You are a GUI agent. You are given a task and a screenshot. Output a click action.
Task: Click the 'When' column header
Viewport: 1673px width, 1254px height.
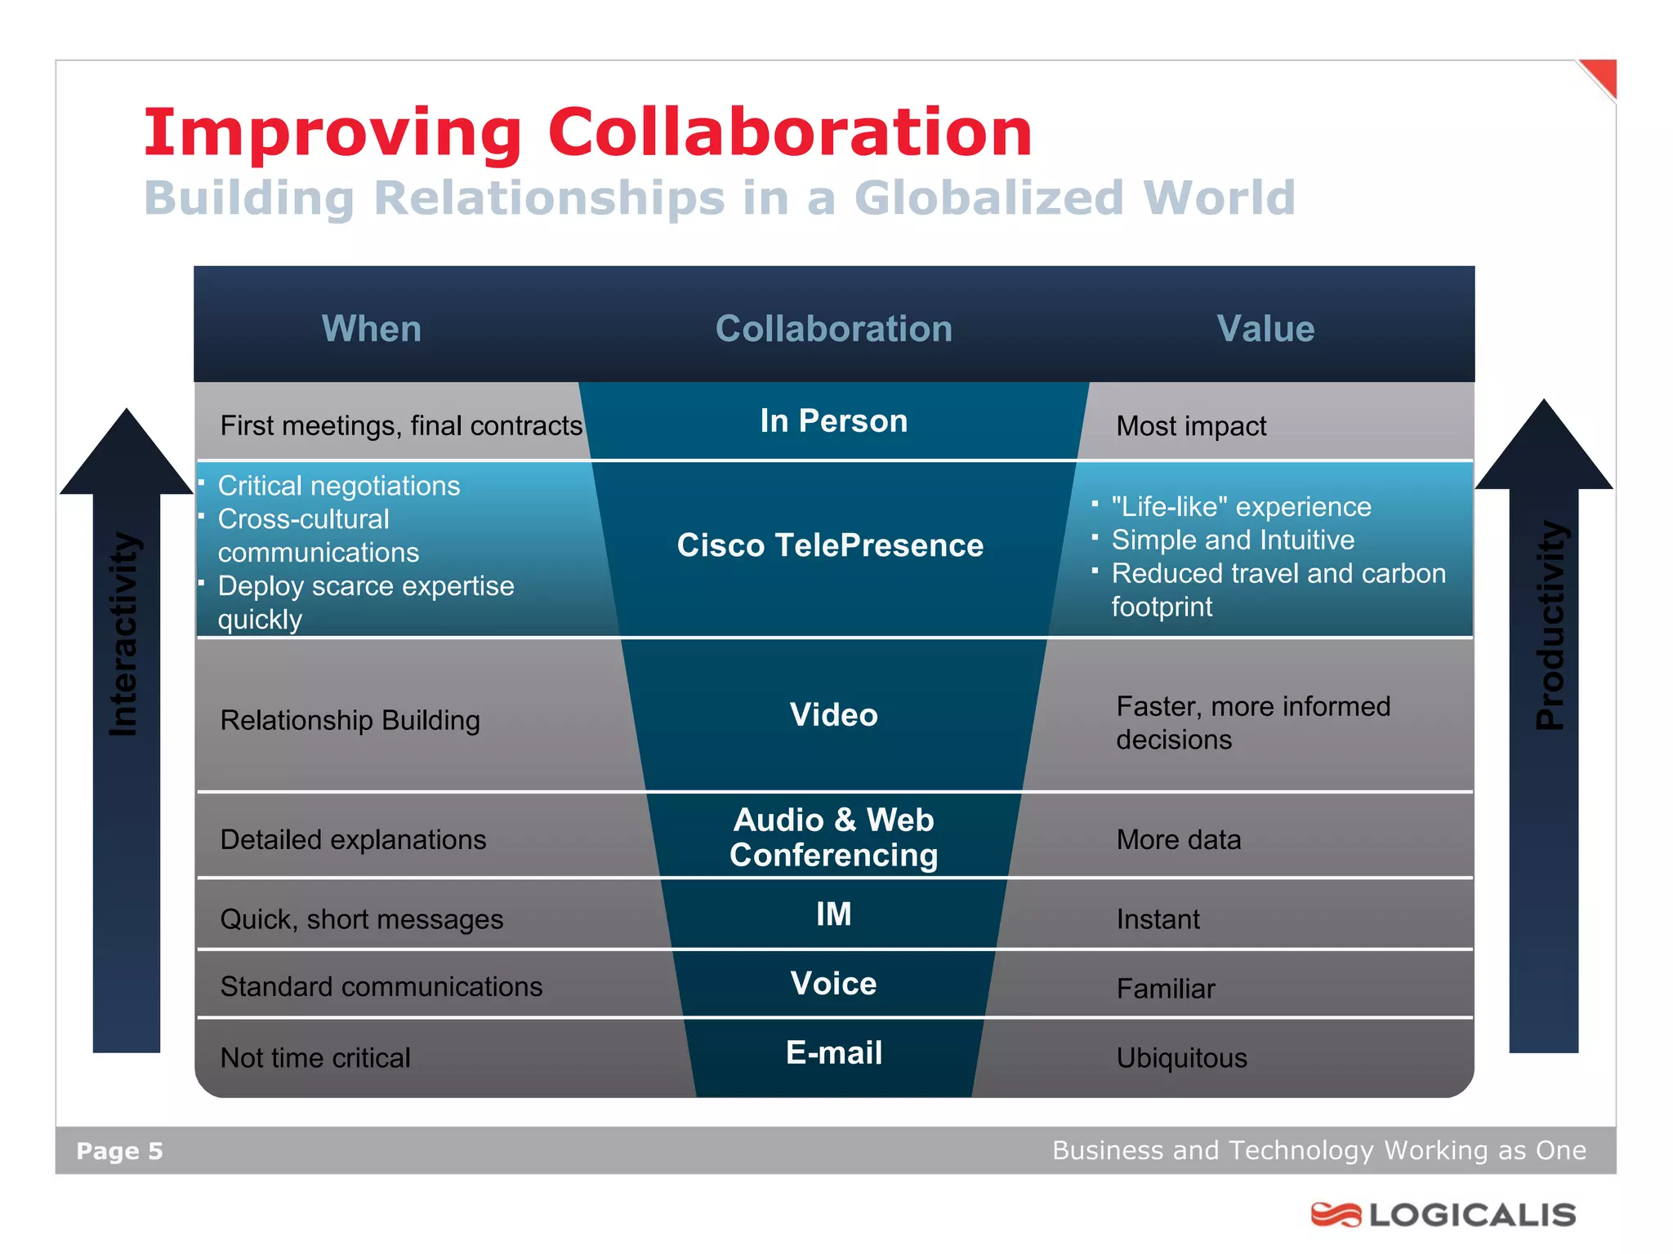pyautogui.click(x=372, y=329)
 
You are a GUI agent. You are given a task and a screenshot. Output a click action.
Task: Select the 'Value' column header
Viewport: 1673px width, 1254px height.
pyautogui.click(x=1265, y=329)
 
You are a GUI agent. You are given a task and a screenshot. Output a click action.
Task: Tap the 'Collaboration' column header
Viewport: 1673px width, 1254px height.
pyautogui.click(x=834, y=329)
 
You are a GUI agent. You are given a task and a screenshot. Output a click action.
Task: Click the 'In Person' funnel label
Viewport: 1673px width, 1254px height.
pyautogui.click(x=833, y=421)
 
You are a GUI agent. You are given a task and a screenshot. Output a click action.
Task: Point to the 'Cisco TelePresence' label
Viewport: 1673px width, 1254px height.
pyautogui.click(x=830, y=545)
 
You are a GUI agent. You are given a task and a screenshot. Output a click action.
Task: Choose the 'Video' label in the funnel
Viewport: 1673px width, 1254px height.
pyautogui.click(x=833, y=715)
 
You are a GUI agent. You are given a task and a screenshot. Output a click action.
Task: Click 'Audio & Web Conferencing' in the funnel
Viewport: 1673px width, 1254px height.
pyautogui.click(x=833, y=838)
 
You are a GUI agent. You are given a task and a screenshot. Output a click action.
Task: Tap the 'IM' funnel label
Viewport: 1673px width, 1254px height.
pyautogui.click(x=833, y=914)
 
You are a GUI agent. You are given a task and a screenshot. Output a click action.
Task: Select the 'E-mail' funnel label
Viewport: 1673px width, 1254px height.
pyautogui.click(x=833, y=1053)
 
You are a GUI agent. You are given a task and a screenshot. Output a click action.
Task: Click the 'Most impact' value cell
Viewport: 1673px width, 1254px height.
pyautogui.click(x=1191, y=426)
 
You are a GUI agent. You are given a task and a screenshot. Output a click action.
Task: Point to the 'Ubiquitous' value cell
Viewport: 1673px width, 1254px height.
pyautogui.click(x=1181, y=1058)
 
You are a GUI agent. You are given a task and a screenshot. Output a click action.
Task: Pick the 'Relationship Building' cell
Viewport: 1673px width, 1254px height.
pyautogui.click(x=350, y=720)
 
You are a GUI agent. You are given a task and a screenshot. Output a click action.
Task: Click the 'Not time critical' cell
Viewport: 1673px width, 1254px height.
pyautogui.click(x=315, y=1058)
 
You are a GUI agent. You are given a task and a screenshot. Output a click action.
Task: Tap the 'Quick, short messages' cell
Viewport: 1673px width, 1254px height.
pyautogui.click(x=361, y=919)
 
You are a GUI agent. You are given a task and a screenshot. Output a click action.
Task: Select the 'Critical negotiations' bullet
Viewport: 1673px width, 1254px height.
pyautogui.click(x=339, y=486)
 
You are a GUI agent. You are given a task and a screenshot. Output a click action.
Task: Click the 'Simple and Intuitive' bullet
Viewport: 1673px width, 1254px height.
pyautogui.click(x=1233, y=540)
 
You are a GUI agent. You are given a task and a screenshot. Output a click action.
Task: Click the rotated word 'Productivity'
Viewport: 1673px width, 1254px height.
pyautogui.click(x=1550, y=625)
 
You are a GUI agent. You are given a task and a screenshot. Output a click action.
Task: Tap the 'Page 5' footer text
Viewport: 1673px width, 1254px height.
pyautogui.click(x=119, y=1151)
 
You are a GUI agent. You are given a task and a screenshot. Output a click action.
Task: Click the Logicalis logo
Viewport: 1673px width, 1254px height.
pyautogui.click(x=1443, y=1215)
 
